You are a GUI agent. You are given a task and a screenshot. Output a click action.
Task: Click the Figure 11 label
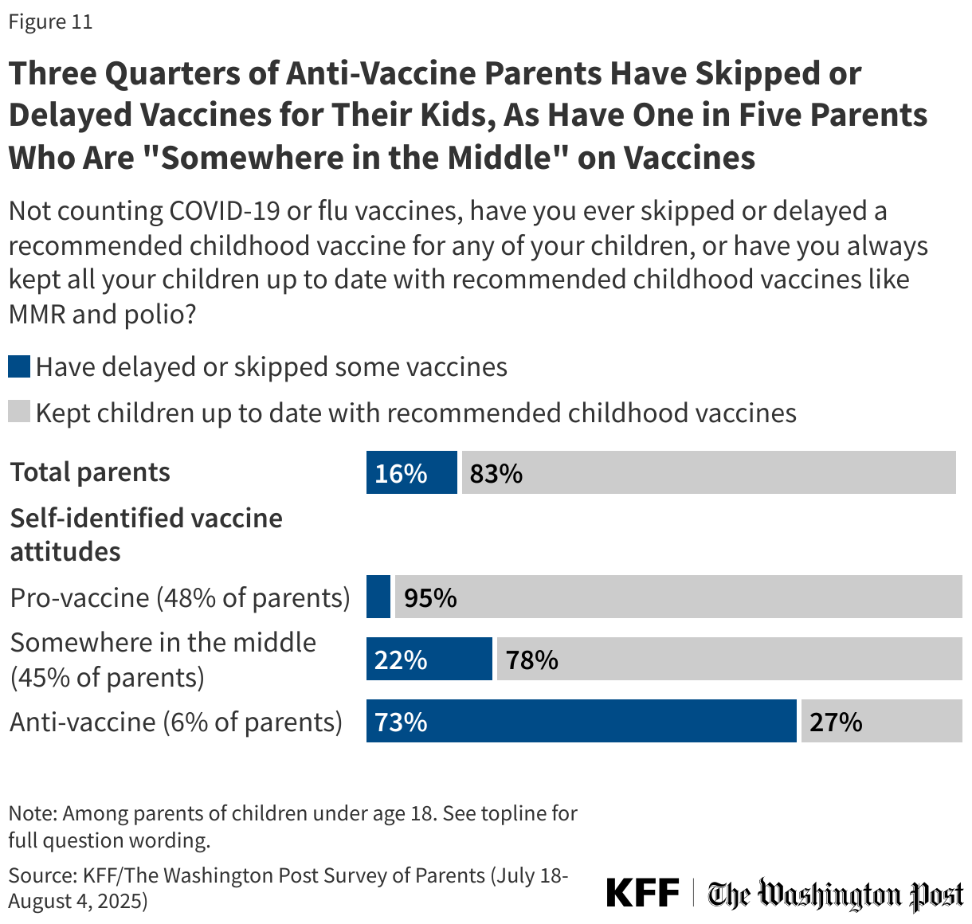tap(50, 22)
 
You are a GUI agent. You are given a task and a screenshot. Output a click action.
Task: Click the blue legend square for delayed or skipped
tap(19, 367)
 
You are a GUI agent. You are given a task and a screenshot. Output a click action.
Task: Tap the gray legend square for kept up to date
tap(19, 412)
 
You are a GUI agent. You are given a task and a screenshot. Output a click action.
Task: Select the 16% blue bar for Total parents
tap(411, 473)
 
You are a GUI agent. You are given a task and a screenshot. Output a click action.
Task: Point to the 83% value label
tap(496, 474)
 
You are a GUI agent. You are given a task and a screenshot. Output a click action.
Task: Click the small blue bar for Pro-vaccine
tap(378, 597)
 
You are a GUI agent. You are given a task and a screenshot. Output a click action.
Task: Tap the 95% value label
tap(430, 598)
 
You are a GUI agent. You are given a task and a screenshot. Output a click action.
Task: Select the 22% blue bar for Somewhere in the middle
tap(429, 660)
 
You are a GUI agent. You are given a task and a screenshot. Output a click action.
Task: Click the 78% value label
tap(531, 660)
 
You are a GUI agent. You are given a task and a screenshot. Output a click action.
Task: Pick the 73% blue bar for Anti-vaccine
tap(581, 722)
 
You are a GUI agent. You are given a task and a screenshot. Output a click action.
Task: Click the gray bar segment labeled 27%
tap(880, 722)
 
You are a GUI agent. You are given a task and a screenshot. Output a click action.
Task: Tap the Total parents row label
tap(90, 472)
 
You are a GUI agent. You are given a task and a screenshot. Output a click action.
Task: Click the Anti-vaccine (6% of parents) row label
tap(176, 722)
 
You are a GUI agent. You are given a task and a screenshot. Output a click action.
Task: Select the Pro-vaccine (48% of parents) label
tap(180, 597)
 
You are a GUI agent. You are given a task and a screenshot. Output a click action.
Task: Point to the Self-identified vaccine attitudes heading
tap(146, 534)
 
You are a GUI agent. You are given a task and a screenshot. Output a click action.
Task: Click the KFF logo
tap(642, 893)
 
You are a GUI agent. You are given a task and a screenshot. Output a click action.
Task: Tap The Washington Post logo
tap(835, 895)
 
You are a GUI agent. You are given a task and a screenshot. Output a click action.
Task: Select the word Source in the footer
tap(41, 875)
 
